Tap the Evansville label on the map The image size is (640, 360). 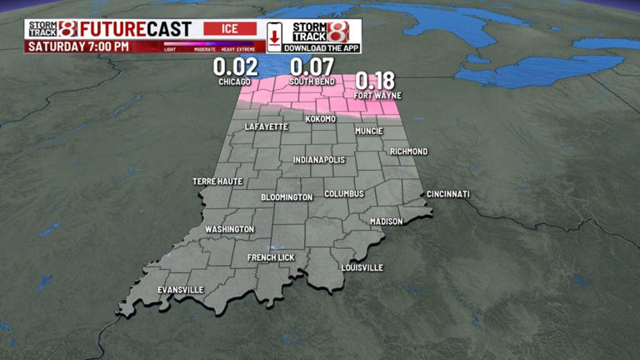tap(180, 290)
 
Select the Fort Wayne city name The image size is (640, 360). tap(377, 96)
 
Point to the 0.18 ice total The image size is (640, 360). tap(375, 81)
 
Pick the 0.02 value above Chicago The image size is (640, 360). tap(235, 67)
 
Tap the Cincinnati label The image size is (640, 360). tap(448, 194)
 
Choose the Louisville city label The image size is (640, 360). tap(362, 267)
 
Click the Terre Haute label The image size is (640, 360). tap(217, 181)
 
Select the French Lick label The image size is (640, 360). tap(271, 257)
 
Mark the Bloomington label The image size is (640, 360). tap(287, 197)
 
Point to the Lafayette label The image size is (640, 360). tap(267, 127)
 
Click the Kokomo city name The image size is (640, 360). tap(321, 119)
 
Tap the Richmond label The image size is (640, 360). tap(409, 152)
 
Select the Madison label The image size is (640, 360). tap(387, 222)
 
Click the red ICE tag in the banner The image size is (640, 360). tap(230, 28)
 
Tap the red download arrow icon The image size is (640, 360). tap(273, 36)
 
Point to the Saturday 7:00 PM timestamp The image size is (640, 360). tap(79, 47)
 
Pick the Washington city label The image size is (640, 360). tap(229, 229)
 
